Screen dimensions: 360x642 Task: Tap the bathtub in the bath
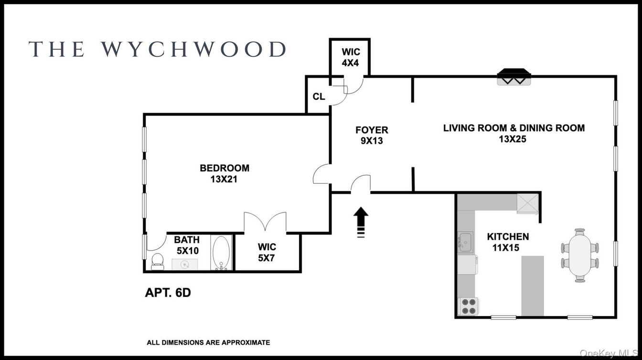(221, 254)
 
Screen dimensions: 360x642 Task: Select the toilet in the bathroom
(157, 261)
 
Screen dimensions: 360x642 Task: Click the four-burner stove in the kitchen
(468, 307)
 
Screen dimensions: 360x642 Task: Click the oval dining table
(579, 255)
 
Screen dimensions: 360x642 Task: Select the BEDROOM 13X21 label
(224, 174)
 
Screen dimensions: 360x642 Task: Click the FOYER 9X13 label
(372, 135)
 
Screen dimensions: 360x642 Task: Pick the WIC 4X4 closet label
(350, 57)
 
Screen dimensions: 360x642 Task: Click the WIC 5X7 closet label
(267, 253)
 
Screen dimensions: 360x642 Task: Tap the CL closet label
(319, 96)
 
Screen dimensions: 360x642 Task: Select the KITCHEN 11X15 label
(507, 242)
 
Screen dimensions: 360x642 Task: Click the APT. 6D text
(168, 293)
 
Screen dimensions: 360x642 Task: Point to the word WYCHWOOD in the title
(193, 50)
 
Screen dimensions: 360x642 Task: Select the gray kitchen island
(532, 286)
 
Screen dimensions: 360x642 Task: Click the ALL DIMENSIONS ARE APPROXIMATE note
(208, 342)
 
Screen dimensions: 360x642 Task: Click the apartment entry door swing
(362, 184)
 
